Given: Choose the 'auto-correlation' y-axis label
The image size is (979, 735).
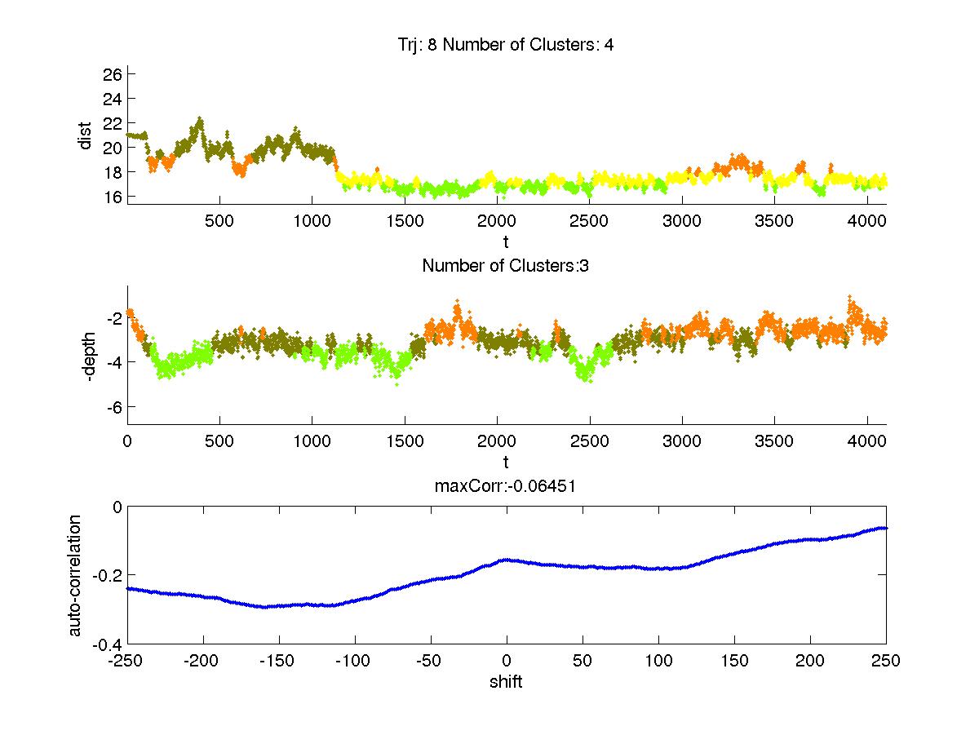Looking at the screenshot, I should [74, 576].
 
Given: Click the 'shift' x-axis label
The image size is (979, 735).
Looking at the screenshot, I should [506, 681].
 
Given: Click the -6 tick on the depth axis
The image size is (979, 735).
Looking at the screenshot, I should [113, 407].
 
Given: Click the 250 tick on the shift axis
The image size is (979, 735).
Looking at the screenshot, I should [885, 661].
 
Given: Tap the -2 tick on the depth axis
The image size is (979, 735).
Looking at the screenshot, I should [113, 317].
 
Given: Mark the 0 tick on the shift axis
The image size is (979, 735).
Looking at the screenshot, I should [507, 661].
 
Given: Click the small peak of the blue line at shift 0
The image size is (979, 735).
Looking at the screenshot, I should [507, 560].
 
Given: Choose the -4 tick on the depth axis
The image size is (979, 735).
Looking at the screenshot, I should [113, 362].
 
